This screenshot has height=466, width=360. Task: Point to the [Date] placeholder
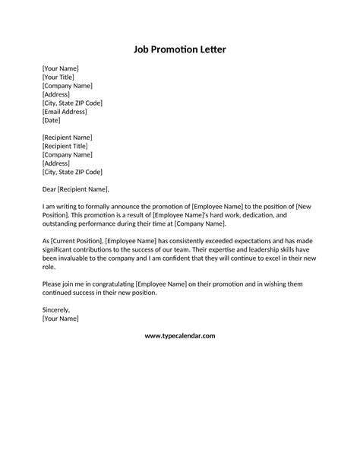click(52, 120)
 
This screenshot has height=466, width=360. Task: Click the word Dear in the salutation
click(51, 189)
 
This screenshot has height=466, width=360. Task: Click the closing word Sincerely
click(56, 310)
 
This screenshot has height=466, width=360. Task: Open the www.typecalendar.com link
click(180, 335)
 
